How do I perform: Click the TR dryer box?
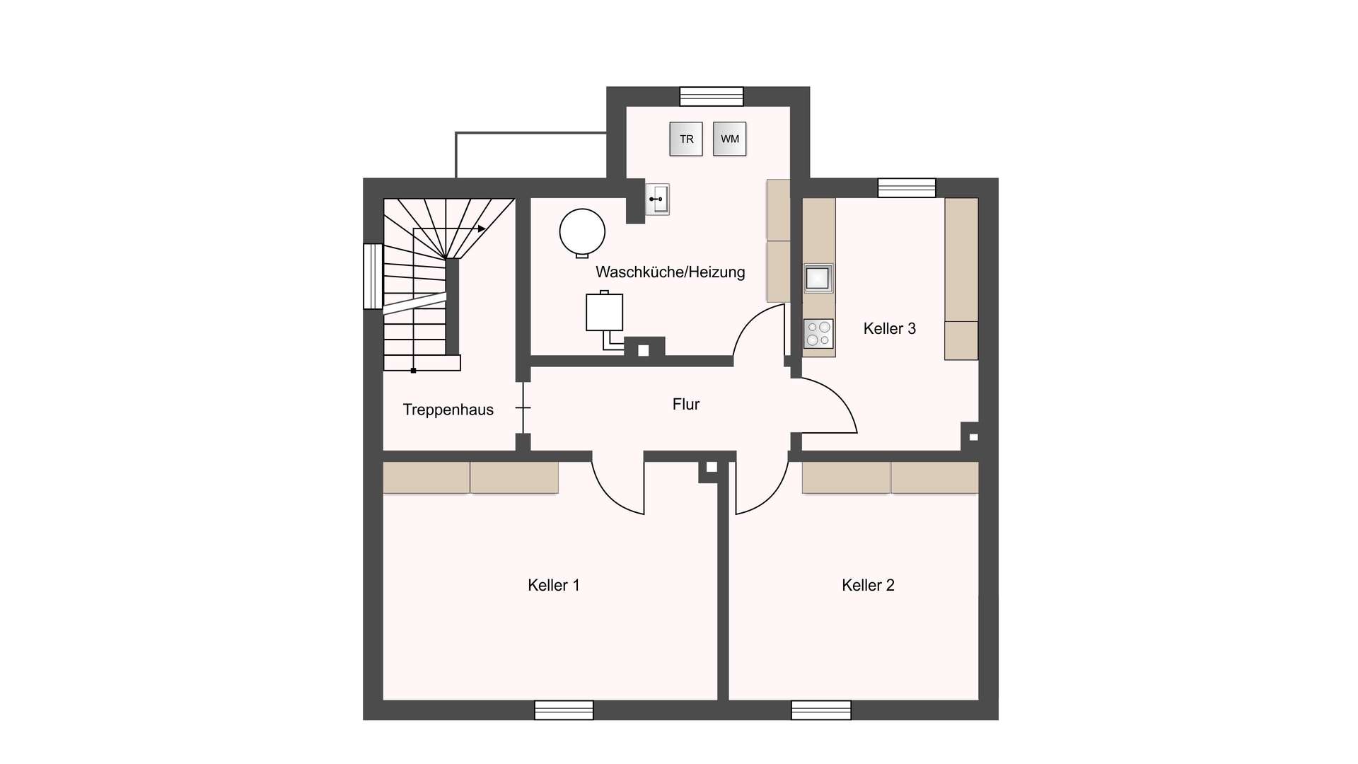[686, 139]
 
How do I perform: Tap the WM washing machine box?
[729, 139]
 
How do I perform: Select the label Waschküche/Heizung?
[670, 272]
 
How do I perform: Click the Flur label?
[685, 404]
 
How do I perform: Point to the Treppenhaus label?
[448, 410]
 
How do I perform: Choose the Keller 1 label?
[554, 585]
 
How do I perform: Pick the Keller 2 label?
[868, 585]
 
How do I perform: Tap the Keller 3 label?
[889, 328]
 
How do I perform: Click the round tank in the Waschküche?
[582, 233]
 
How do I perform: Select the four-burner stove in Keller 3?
[818, 334]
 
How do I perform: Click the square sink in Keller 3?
[818, 278]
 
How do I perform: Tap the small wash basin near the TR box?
[657, 199]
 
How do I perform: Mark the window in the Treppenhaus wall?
[373, 276]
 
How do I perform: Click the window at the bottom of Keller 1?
[564, 710]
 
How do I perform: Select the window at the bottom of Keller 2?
[821, 710]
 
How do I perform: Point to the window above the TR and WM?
[712, 96]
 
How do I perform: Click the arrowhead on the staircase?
[482, 228]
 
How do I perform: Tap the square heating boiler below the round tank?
[604, 312]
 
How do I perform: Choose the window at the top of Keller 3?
[907, 187]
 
